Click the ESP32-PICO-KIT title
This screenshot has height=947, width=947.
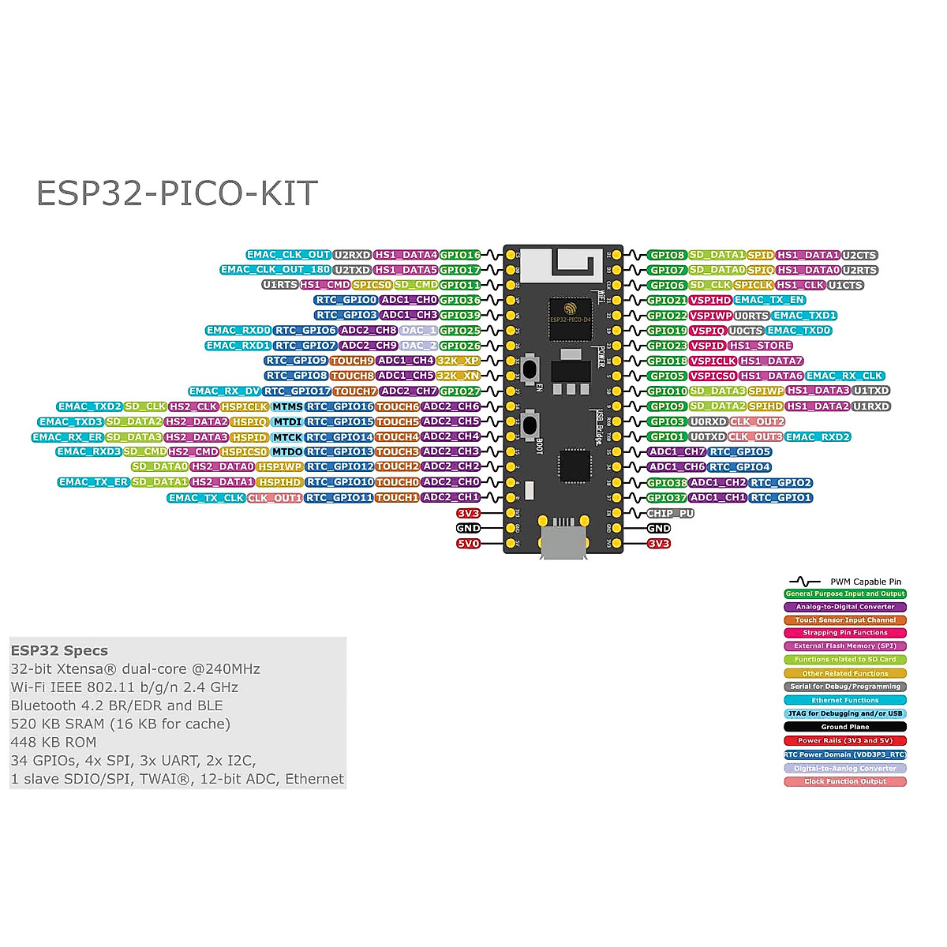pos(177,193)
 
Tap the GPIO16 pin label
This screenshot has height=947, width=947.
pos(460,255)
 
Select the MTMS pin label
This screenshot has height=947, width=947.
pos(287,406)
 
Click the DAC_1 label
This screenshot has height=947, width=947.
pos(418,331)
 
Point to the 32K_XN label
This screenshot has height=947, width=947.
pos(459,376)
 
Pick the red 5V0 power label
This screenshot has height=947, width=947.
pos(468,544)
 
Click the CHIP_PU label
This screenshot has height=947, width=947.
pos(671,513)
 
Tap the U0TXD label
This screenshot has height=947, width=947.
pos(707,436)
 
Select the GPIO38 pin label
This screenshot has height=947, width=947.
pos(667,482)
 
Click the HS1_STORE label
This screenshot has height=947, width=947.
pos(761,346)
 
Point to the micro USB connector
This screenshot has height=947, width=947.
pos(563,543)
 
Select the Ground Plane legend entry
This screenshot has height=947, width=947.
pos(845,727)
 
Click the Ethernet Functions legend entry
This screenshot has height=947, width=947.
pos(845,700)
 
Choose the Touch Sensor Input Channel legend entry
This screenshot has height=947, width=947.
pos(845,620)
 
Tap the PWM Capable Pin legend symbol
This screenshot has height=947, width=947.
pos(805,582)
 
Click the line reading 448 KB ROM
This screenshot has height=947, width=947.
pos(54,742)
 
